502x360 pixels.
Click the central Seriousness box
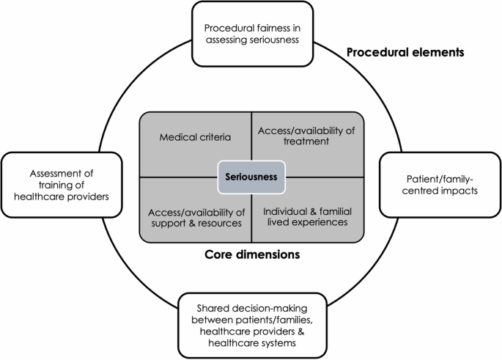(251, 177)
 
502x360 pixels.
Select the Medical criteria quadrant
(195, 136)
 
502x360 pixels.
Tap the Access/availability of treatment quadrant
(306, 136)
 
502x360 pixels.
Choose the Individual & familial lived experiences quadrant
(306, 216)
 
